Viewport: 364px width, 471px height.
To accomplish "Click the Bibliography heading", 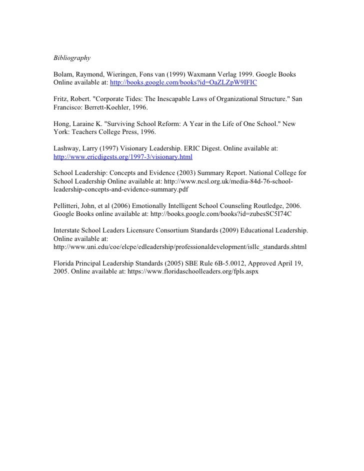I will click(71, 58).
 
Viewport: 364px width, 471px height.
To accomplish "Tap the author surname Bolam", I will click(63, 74).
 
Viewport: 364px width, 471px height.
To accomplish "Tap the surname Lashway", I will click(66, 148).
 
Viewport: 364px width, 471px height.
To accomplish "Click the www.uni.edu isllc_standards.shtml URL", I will click(180, 246).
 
